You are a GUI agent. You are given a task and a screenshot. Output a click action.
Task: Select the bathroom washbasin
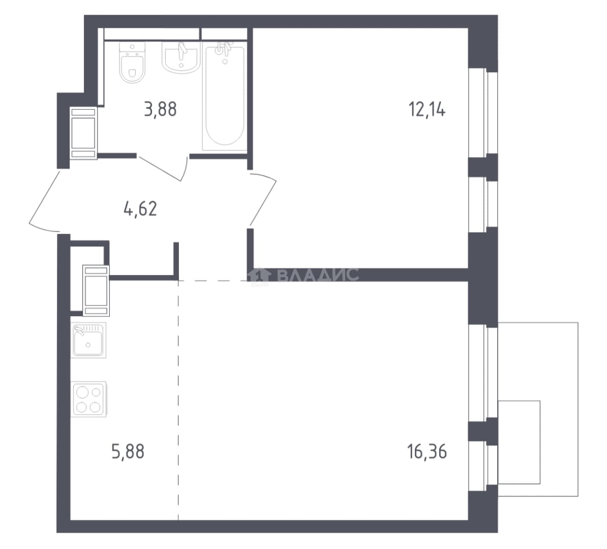pos(181,57)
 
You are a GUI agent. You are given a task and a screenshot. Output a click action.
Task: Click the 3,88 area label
pos(160,110)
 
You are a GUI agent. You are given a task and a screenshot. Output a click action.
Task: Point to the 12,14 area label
pos(427,110)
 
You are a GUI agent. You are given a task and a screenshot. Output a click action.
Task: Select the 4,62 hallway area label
pos(140,209)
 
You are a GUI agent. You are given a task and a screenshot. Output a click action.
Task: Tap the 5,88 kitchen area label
pos(128,452)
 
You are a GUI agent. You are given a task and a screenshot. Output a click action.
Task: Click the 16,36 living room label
pos(427,452)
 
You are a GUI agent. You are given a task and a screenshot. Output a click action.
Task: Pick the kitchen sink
pos(88,340)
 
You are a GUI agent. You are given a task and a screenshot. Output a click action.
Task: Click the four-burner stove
pos(88,399)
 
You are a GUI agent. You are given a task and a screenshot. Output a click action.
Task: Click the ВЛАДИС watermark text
pos(318,275)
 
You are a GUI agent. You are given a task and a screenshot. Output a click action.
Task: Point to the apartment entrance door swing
pos(43,201)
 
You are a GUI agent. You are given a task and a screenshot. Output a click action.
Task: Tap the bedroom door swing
pos(263,199)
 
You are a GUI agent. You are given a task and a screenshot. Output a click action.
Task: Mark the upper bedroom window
pos(483,113)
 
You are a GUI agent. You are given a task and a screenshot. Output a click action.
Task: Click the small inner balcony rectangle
pos(519,442)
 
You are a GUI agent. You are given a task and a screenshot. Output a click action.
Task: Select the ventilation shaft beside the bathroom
pos(83,133)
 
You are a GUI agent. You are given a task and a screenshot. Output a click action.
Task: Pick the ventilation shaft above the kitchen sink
pos(96,290)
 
